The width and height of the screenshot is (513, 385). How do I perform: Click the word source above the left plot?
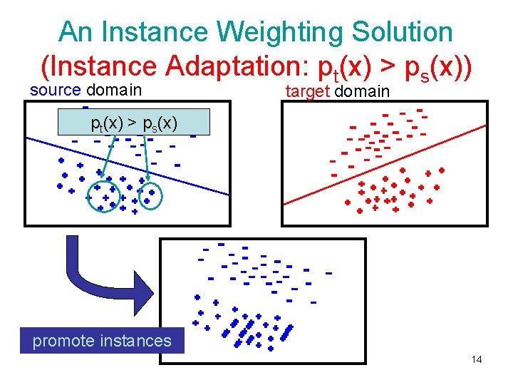(56, 91)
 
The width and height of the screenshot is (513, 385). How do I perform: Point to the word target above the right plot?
(307, 91)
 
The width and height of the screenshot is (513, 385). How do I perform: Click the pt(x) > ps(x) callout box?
(135, 122)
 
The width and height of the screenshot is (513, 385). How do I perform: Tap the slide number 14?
(477, 359)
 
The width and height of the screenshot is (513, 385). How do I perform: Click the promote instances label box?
(102, 341)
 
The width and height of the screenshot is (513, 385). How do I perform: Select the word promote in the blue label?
(63, 341)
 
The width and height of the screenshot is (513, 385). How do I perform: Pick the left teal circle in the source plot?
(105, 197)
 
